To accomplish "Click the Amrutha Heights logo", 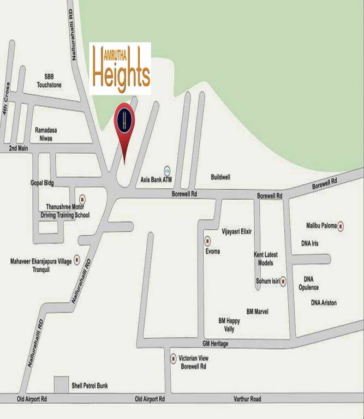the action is (x=120, y=69).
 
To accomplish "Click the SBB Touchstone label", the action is (x=49, y=81).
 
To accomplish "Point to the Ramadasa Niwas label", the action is (x=46, y=134).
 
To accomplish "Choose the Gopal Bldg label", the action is (x=42, y=183).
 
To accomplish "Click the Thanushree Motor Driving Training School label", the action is (x=68, y=211).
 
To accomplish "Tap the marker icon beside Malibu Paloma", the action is (x=341, y=225).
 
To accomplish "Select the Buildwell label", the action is (x=220, y=177).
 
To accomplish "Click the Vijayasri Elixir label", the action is (x=236, y=231).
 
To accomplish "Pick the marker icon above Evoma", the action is (x=207, y=241).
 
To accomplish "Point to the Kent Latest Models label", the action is (x=266, y=259).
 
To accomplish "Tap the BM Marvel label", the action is (x=257, y=311).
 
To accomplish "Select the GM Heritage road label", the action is (x=215, y=344).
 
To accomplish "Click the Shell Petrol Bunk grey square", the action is (x=61, y=384).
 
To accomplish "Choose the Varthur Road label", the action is (x=247, y=399).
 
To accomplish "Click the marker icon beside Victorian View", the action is (x=174, y=358).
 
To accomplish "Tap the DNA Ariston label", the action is (x=324, y=303).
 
